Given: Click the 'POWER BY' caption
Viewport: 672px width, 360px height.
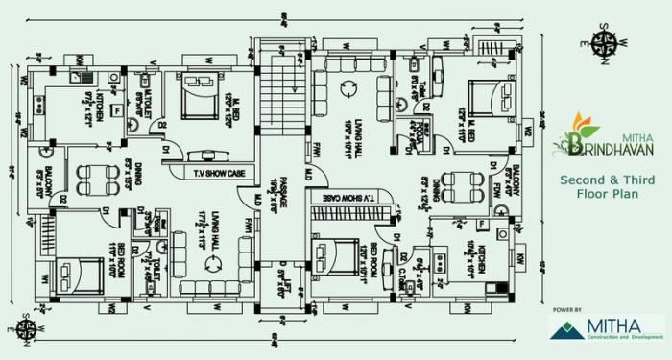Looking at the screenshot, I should tap(568, 310).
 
